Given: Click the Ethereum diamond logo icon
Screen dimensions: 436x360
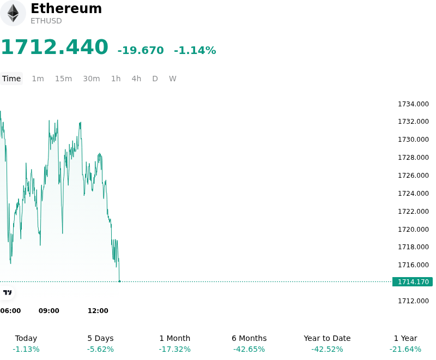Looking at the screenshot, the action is [x=13, y=13].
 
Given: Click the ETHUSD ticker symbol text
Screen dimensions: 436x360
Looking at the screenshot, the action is [x=46, y=21].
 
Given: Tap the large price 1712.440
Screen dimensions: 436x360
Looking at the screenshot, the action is [x=55, y=47].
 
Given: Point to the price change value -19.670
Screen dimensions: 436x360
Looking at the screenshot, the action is [x=141, y=50].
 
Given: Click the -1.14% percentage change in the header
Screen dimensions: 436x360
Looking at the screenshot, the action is [x=195, y=50].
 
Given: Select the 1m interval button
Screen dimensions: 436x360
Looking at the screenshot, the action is [x=38, y=79].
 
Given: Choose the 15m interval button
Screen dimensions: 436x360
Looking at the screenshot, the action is [x=63, y=79].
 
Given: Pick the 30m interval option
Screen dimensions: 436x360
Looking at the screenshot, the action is [x=92, y=79].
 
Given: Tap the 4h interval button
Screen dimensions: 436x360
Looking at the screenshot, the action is [x=136, y=79].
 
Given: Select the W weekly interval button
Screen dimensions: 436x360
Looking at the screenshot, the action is [x=172, y=79].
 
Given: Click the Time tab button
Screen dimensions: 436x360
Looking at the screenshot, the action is [x=11, y=79].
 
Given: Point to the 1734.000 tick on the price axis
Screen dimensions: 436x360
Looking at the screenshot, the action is [x=413, y=104].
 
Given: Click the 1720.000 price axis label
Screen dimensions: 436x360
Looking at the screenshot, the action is [x=413, y=230].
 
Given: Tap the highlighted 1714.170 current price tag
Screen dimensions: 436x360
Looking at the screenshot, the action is [x=413, y=282].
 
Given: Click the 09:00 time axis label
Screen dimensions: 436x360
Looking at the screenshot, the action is [x=49, y=311].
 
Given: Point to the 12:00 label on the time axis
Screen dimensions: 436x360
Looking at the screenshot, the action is [x=98, y=311].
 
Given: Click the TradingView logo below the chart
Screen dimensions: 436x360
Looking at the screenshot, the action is [x=7, y=292].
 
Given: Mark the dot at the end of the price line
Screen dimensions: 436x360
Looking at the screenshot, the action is [x=119, y=281].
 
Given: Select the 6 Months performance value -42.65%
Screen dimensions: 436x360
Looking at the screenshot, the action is [x=249, y=349].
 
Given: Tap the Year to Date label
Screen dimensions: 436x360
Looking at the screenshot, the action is [x=327, y=338].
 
